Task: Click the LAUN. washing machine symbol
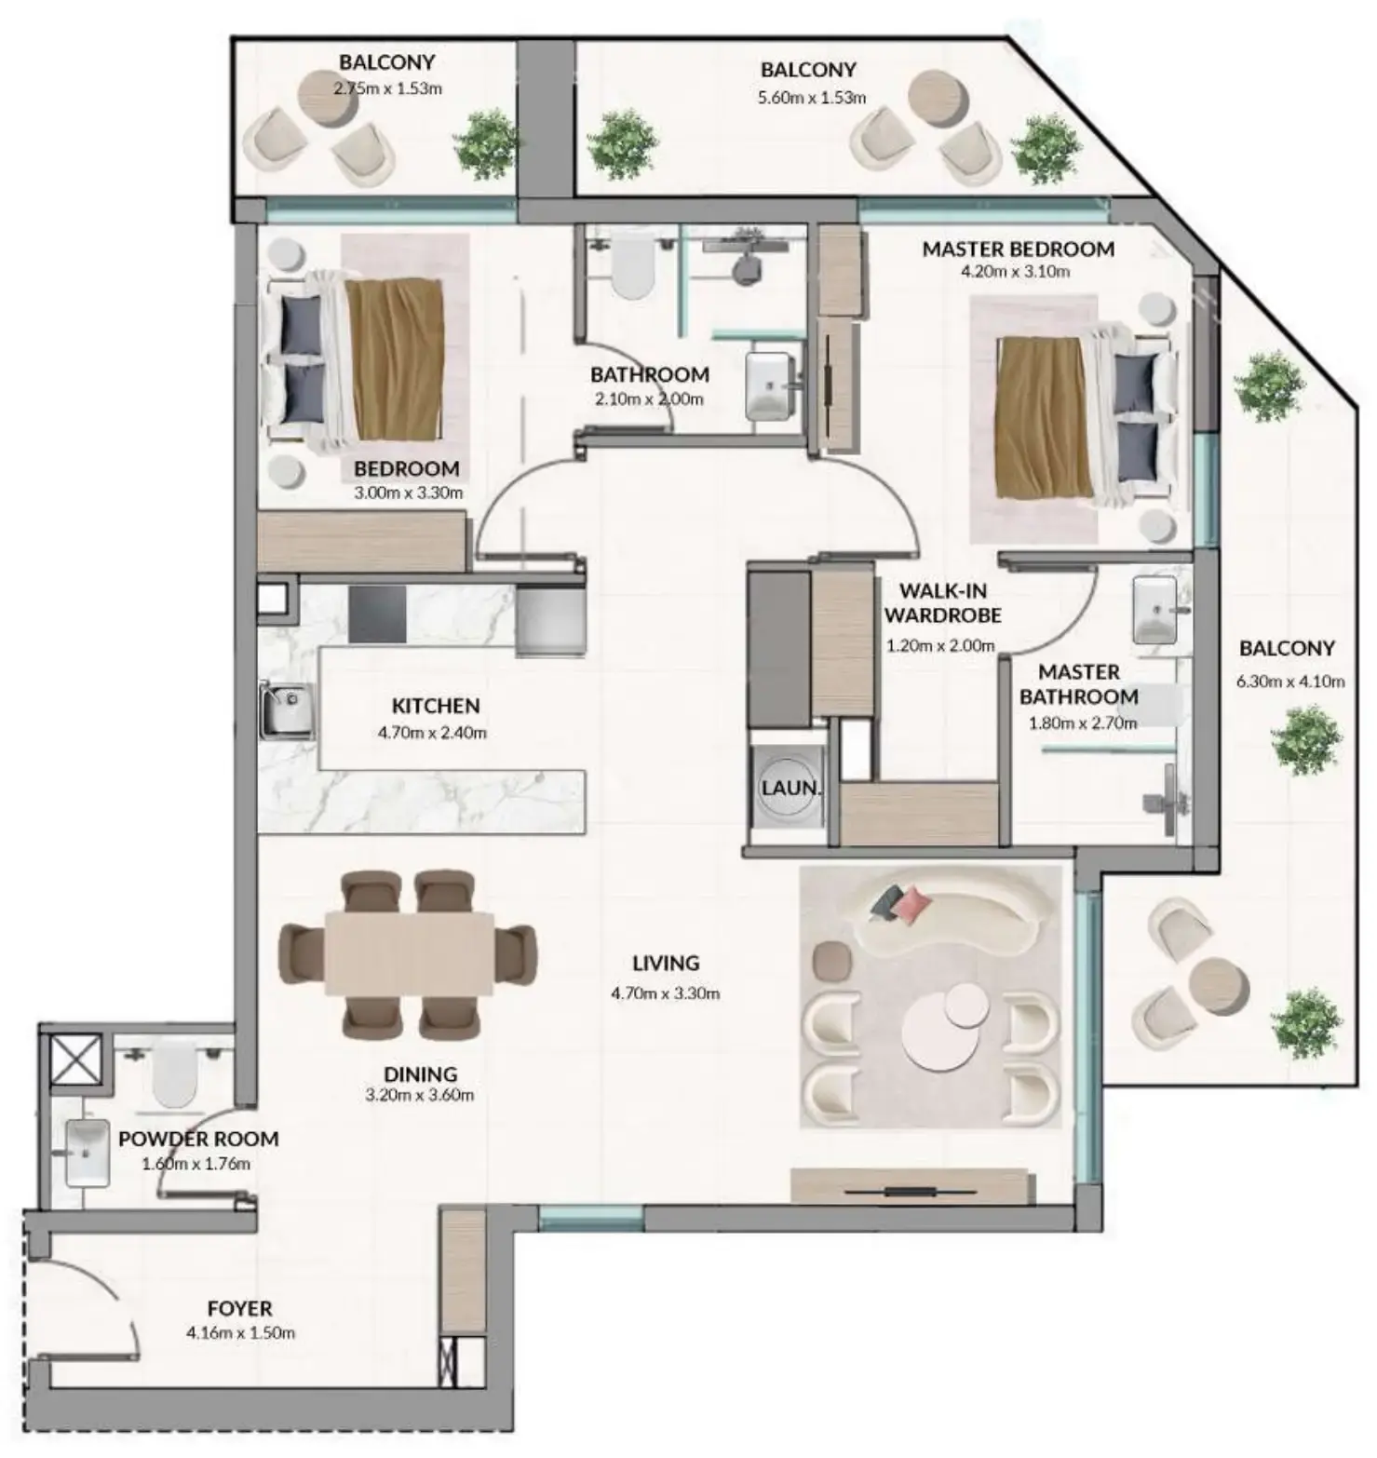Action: point(790,787)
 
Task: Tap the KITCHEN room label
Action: point(435,706)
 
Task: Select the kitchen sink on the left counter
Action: point(286,709)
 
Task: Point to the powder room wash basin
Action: point(88,1153)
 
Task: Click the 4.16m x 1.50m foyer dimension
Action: point(240,1332)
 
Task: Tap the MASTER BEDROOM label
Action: point(1018,249)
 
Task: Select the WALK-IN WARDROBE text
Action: point(942,602)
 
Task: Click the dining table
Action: point(409,954)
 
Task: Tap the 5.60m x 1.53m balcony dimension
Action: point(812,97)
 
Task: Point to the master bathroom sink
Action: point(1154,610)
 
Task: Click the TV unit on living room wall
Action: point(911,1186)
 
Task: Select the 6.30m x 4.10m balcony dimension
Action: point(1289,681)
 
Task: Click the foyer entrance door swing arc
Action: point(102,1294)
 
